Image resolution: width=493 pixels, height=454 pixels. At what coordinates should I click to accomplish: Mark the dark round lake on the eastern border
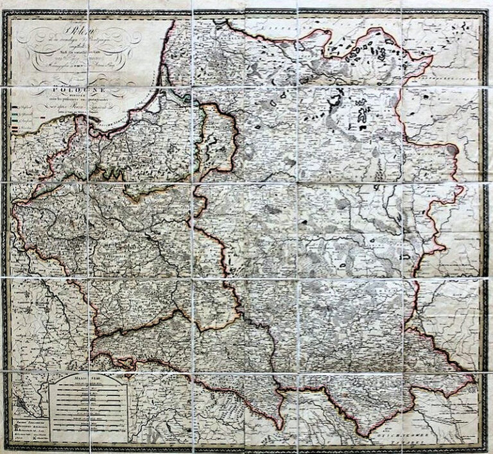[x=453, y=150]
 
